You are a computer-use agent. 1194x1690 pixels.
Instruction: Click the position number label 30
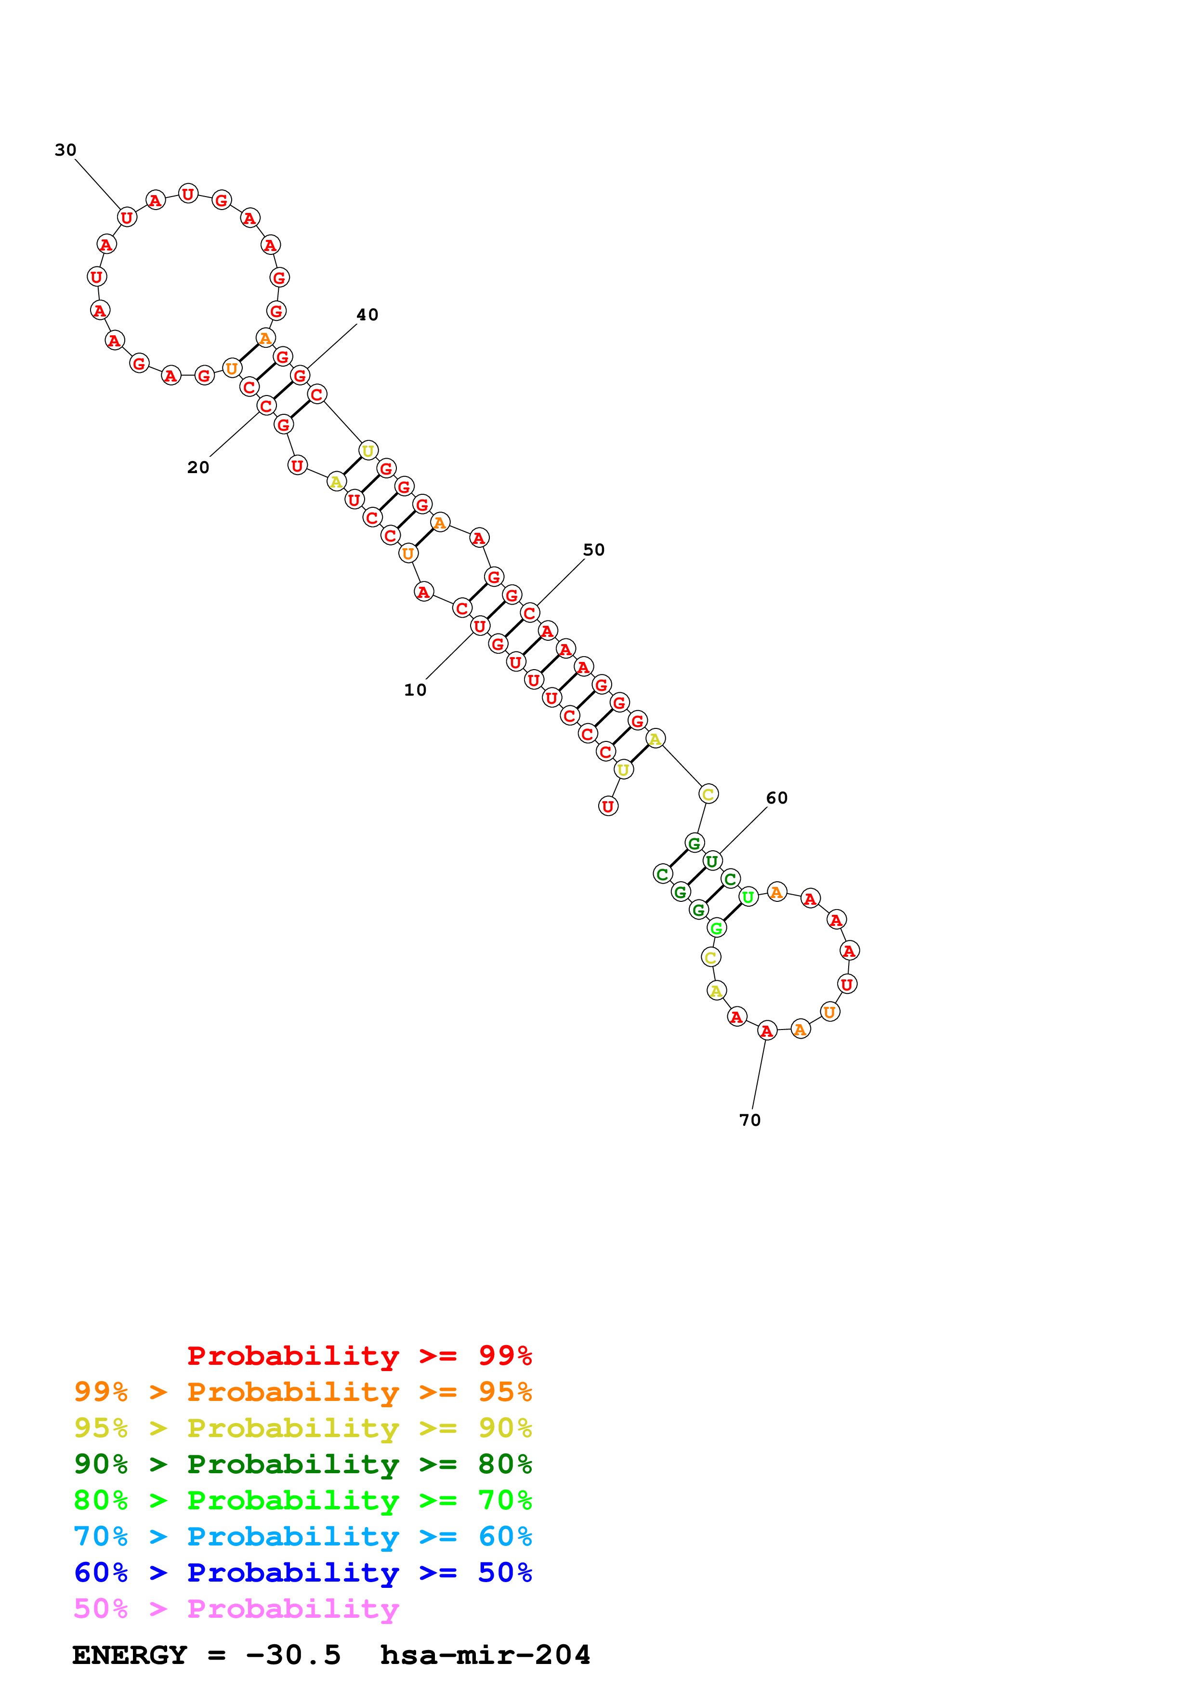[66, 150]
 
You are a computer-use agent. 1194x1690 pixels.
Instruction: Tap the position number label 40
[367, 315]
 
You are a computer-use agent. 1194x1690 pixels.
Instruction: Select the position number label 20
[198, 467]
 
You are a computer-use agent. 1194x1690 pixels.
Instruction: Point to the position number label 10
[415, 690]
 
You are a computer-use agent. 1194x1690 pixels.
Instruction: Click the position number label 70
[749, 1120]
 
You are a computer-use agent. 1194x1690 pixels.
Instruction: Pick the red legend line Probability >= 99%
[359, 1355]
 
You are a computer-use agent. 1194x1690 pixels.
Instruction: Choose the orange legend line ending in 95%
[302, 1391]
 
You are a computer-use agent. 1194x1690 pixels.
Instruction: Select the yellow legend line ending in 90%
[302, 1427]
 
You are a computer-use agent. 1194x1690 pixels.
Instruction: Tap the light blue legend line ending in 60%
[302, 1536]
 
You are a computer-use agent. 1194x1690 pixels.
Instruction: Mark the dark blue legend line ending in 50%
[302, 1572]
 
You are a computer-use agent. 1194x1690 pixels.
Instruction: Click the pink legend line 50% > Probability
[236, 1608]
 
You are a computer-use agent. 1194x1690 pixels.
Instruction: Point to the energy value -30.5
[293, 1655]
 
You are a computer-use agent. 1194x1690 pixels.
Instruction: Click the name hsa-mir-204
[485, 1655]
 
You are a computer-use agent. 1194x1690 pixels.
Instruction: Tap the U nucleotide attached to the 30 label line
[127, 217]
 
